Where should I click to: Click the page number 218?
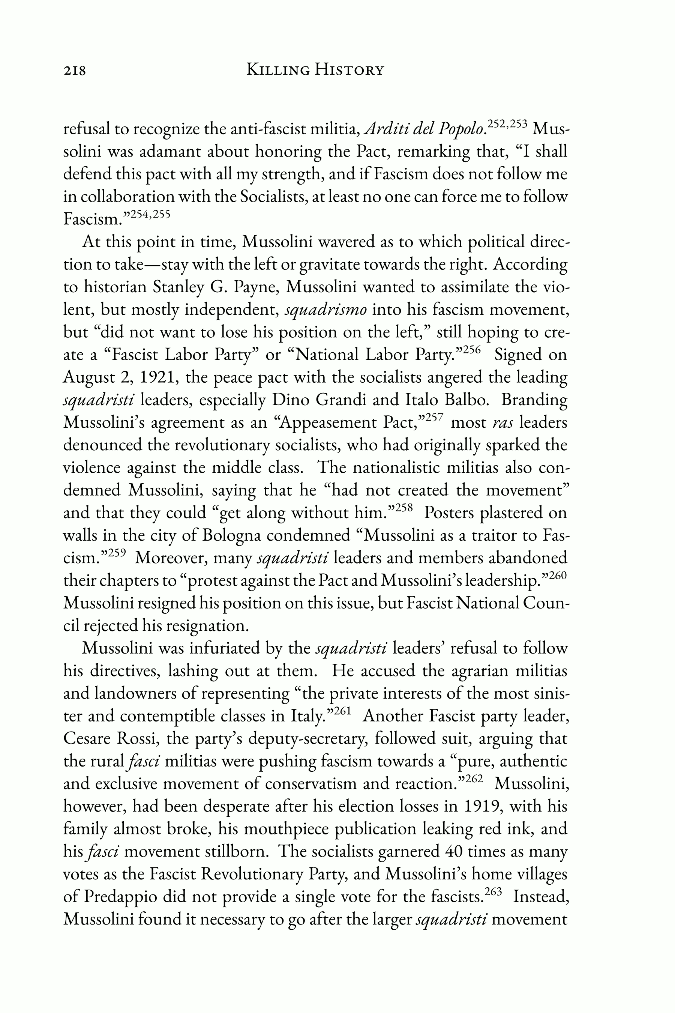[x=75, y=70]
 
